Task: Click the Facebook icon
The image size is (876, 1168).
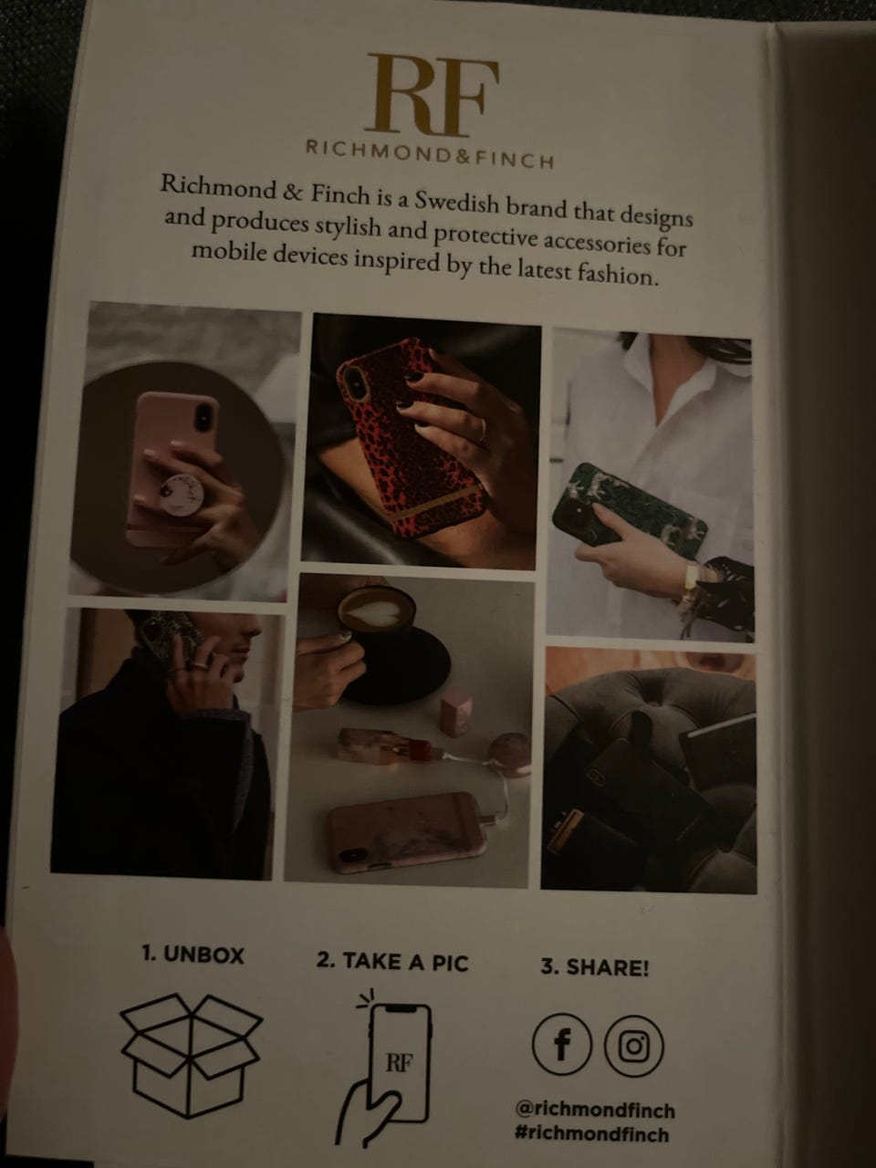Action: (x=562, y=1045)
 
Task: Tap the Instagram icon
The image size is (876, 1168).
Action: (x=634, y=1047)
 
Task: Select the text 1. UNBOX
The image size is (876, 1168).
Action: (x=193, y=955)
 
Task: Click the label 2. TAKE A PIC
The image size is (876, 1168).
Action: (x=392, y=962)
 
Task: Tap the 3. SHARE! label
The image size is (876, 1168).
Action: (x=595, y=967)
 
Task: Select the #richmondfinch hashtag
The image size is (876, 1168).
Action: (x=591, y=1134)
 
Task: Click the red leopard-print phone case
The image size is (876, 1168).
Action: (x=410, y=437)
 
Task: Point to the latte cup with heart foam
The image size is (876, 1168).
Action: (x=377, y=610)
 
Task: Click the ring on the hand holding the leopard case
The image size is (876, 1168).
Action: (x=483, y=429)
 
